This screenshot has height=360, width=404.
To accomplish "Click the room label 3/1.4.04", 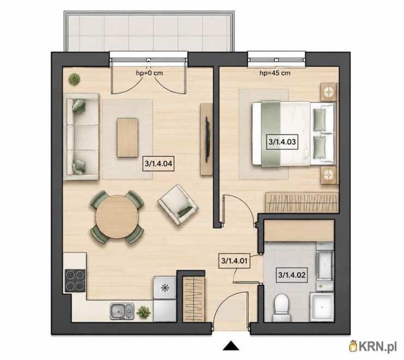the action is pos(158,163).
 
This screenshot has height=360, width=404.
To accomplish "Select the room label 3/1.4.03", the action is pos(282,142).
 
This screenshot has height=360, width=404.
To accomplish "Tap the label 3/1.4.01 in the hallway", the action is pos(234,261).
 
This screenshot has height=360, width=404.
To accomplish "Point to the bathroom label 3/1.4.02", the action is pos(292,275).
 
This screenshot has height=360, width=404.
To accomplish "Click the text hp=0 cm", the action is pos(150,73).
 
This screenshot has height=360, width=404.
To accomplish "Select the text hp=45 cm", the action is pos(275,73).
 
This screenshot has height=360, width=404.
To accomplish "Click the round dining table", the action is pos(117,217).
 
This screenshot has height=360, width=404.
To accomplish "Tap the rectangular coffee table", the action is pos(128,137).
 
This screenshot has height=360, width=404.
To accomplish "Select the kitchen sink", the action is pos(122,311).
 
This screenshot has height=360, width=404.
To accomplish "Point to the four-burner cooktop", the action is pos(75,280).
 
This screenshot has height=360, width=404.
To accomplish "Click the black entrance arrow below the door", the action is pos(231,346).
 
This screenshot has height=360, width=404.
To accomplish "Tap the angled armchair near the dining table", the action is pos(178,205).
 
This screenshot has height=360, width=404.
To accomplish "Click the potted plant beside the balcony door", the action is pos(74,79).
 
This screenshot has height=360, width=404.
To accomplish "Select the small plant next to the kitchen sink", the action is pos(144,312).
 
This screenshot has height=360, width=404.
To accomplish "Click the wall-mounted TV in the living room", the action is pos(206,140).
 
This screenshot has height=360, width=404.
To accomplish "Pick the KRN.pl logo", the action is pos(373,346).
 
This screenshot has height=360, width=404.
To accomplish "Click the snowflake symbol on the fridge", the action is pos(164,287).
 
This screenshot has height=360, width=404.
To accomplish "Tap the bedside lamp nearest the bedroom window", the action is pos(329,92).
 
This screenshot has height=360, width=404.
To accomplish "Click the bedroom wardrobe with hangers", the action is pos(302,202).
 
